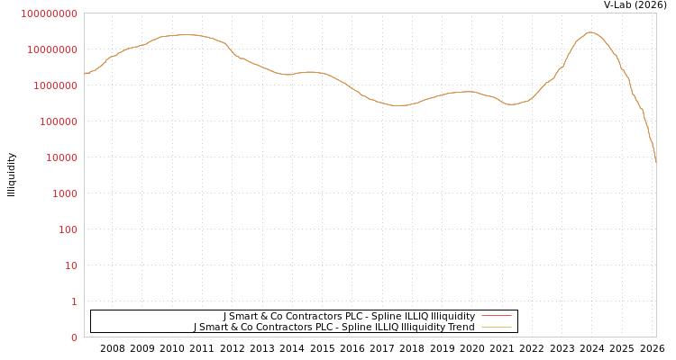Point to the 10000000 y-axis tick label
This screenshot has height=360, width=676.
point(52,49)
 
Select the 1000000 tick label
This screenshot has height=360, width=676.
point(55,85)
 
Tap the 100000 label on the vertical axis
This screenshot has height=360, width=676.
point(58,121)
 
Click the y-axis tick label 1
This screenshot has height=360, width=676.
point(74,301)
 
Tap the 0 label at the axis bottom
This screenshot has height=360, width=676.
point(74,337)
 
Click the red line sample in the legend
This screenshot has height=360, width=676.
point(496,316)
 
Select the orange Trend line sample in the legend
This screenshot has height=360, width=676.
point(496,327)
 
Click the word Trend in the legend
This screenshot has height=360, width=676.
point(461,327)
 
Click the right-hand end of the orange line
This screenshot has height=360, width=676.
point(655,160)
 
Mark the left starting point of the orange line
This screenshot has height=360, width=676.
point(85,73)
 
